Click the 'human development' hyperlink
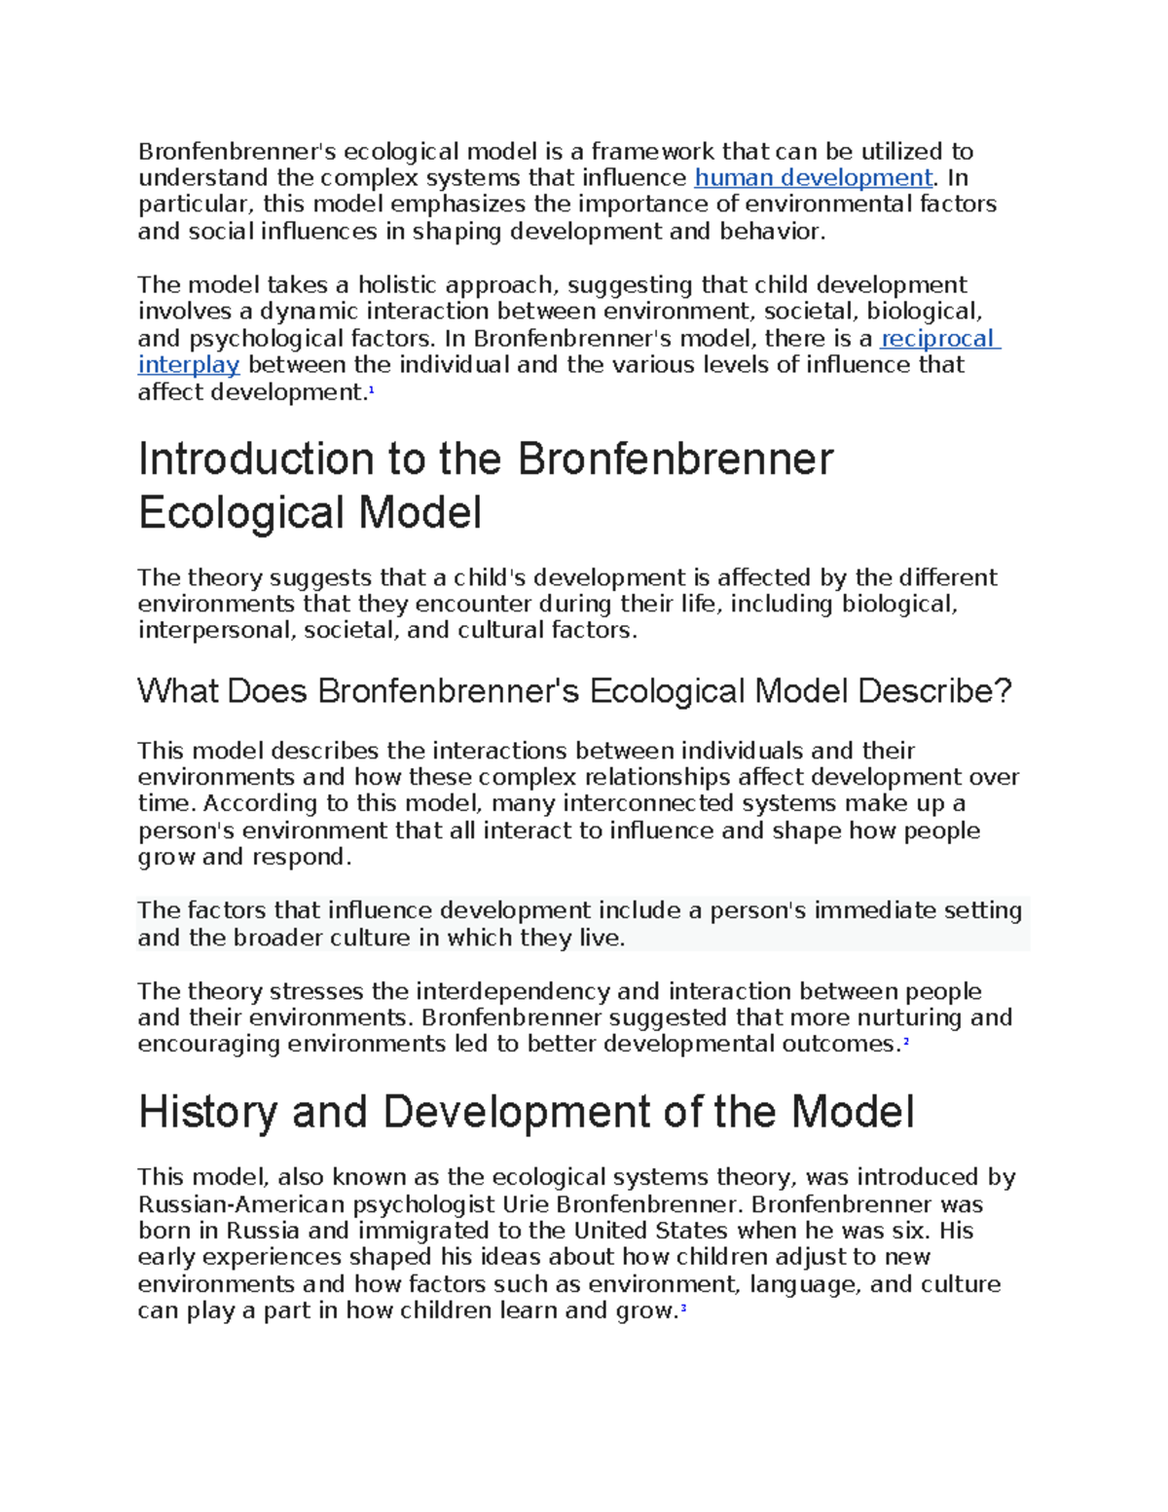coord(813,178)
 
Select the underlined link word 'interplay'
coord(188,365)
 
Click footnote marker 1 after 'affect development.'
coord(371,389)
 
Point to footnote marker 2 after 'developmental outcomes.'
coord(905,1041)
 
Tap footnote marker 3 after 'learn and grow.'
coord(684,1308)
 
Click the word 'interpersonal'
coord(214,631)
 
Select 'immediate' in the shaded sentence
coord(869,911)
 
